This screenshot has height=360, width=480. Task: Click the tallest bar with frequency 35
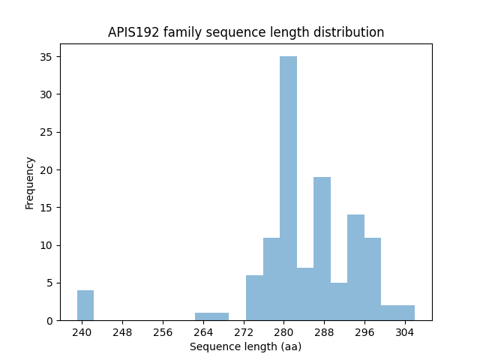click(288, 188)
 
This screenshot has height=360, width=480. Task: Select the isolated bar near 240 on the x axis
click(85, 305)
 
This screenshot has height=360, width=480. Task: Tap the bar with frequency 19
click(322, 248)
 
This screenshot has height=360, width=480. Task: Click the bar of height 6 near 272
click(254, 298)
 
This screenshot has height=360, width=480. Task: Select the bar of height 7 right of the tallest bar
click(304, 294)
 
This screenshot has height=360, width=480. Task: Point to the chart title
click(246, 32)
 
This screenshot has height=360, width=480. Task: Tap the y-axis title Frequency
click(30, 182)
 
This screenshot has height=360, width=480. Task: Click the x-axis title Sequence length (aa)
click(245, 346)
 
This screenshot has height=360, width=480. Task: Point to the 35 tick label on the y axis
click(45, 57)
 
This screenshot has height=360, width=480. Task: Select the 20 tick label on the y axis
click(45, 169)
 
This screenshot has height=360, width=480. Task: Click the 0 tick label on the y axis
click(48, 320)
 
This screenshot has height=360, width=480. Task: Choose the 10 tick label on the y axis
click(45, 245)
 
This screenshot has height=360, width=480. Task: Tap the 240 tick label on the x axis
click(82, 331)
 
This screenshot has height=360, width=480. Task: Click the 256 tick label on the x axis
click(163, 331)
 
